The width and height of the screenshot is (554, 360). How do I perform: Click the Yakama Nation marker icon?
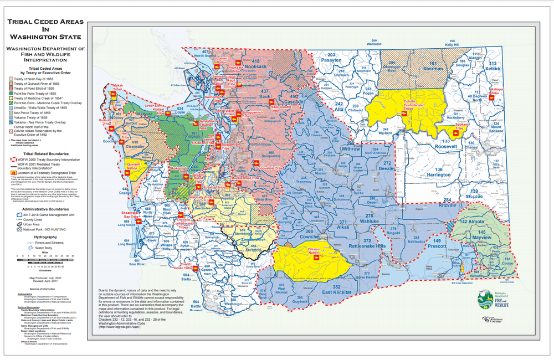coord(315,258)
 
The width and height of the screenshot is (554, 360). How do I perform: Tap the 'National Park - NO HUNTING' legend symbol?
coord(16,228)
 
